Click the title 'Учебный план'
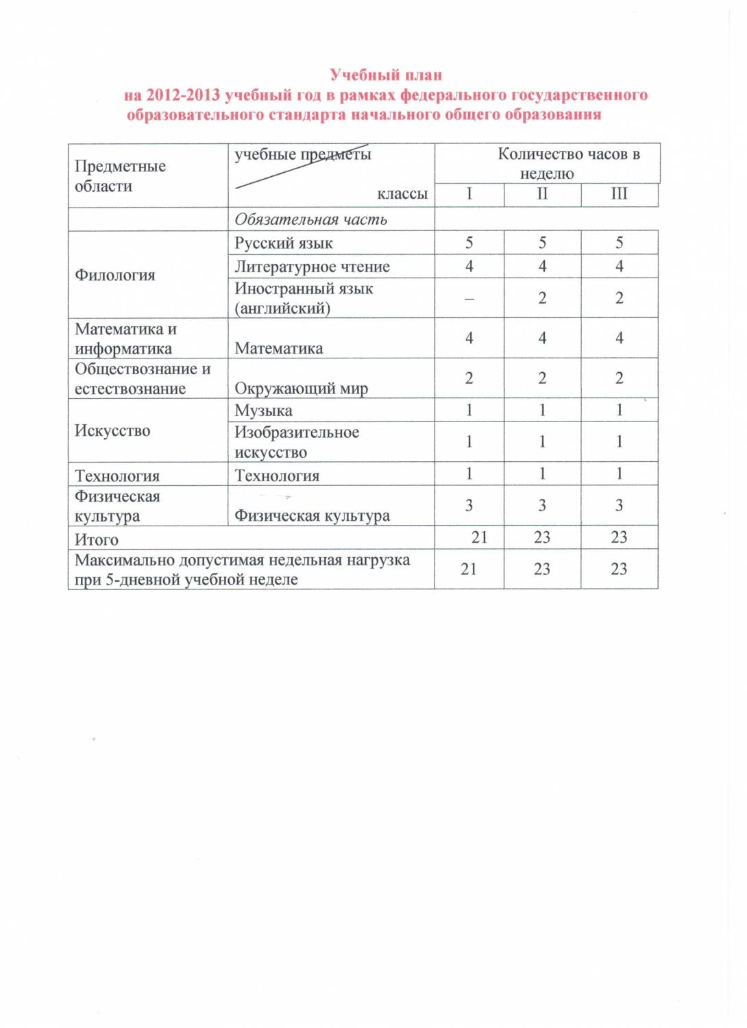[385, 75]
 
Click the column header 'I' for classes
[469, 194]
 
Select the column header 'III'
[619, 194]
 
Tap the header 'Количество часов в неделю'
[547, 164]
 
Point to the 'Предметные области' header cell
[120, 176]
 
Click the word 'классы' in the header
[402, 194]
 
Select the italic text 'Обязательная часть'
[310, 219]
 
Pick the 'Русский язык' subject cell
[284, 243]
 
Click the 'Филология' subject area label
[115, 276]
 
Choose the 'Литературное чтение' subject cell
[312, 267]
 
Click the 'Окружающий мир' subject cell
[301, 389]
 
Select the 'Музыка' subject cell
[263, 411]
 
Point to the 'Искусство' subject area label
[112, 431]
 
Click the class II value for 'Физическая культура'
[542, 506]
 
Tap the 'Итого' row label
[97, 539]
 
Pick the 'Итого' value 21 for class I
[479, 537]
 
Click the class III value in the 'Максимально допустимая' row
[619, 569]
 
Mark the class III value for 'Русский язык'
[619, 243]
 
